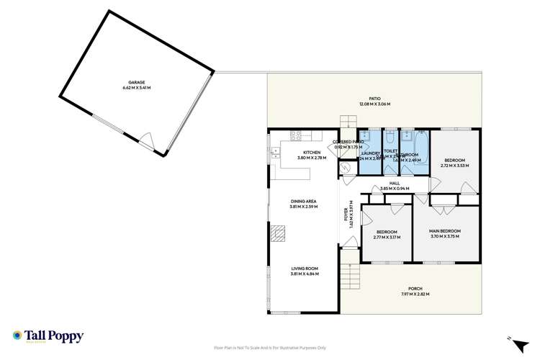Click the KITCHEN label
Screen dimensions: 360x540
point(311,153)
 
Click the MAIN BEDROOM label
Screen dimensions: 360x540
point(445,231)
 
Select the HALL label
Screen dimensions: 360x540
point(394,183)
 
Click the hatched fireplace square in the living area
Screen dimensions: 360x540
point(277,233)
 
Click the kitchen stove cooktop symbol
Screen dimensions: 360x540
point(294,135)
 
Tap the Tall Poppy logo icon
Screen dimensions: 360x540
point(17,335)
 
